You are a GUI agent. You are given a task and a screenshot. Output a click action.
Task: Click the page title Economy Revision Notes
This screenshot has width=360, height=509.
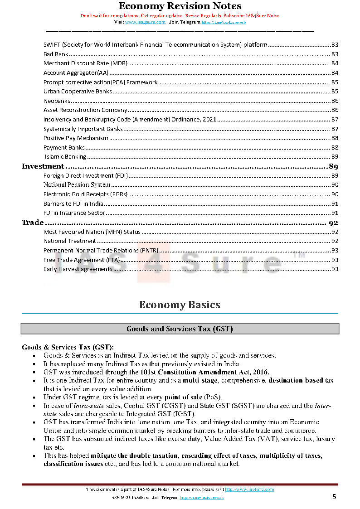pos(180,6)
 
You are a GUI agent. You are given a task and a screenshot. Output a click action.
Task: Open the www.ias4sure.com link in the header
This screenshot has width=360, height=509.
pos(145,22)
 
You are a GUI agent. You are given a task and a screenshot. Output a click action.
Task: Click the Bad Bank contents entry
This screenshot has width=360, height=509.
pos(56,54)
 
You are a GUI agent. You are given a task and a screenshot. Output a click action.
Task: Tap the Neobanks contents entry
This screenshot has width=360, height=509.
pos(57,101)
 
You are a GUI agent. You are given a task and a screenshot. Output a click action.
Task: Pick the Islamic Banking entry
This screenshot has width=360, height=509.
pos(65,157)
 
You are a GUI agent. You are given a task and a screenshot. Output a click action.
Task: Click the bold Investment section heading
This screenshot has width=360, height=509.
pos(43,166)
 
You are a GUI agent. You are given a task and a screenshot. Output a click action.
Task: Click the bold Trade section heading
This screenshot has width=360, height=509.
pos(33,223)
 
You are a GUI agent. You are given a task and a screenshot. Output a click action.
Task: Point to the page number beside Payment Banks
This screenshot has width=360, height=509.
pos(335,147)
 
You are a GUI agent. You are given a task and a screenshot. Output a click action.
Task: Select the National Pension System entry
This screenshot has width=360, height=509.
pos(77,185)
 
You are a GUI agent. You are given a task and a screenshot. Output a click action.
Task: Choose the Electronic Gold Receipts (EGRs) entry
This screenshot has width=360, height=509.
pos(85,194)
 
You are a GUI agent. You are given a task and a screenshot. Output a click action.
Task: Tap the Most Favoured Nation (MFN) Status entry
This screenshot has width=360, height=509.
pos(92,232)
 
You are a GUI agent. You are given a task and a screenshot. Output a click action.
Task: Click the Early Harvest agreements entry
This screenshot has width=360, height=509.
pos(78,269)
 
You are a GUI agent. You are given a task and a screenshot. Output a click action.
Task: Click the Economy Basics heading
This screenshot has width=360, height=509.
pos(180,305)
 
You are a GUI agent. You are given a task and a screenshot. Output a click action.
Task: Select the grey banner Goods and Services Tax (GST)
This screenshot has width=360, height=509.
pos(180,329)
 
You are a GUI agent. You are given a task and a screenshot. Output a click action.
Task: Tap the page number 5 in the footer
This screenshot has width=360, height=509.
pos(334,497)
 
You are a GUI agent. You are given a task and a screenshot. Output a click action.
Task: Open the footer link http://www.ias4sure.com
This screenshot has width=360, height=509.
pos(249,490)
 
